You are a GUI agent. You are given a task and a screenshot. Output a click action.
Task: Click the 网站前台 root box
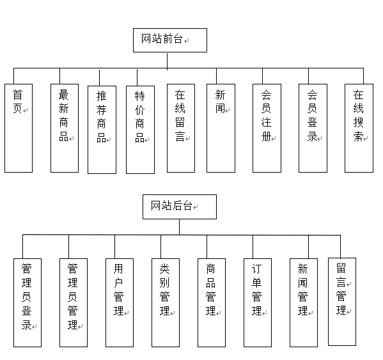pos(170,40)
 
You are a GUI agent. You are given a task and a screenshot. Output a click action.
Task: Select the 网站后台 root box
pos(180,207)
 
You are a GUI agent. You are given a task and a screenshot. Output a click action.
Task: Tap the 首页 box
pos(19,129)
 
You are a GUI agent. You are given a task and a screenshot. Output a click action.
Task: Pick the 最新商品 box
pos(65,129)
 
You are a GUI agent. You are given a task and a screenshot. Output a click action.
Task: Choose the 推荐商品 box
pos(102,130)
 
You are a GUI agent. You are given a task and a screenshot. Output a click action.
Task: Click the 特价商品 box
pos(140,130)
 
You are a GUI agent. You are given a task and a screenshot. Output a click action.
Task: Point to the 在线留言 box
pos(181,129)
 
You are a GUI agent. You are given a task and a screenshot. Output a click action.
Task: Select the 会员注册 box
pos(267,129)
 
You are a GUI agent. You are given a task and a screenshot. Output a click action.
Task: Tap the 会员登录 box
pos(313,129)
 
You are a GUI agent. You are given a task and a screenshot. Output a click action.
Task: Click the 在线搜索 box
pos(359,129)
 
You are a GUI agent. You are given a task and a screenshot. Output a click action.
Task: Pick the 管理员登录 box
pos(27,302)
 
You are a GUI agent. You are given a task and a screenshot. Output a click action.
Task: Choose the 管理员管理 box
pos(74,302)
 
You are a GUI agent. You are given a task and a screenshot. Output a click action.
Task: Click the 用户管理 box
pos(120,302)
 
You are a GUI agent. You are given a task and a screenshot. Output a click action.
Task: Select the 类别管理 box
pos(166,302)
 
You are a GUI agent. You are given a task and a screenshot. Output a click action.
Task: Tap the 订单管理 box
pos(258,302)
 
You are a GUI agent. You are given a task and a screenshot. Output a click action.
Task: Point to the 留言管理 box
pos(342,302)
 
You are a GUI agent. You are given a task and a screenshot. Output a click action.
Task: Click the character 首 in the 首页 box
pos(18,95)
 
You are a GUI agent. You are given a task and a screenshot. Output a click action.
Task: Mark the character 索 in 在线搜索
pos(358,137)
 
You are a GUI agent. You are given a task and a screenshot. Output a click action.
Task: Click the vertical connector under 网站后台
pos(179,227)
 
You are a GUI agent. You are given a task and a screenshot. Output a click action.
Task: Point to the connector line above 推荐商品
pos(99,77)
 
